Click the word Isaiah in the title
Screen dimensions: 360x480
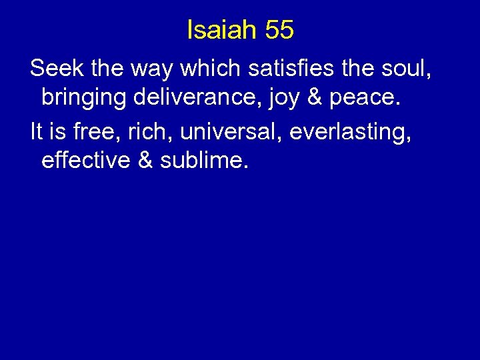(x=221, y=30)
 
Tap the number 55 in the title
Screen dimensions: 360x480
(x=279, y=30)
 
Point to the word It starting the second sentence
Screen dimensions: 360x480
(x=37, y=130)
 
